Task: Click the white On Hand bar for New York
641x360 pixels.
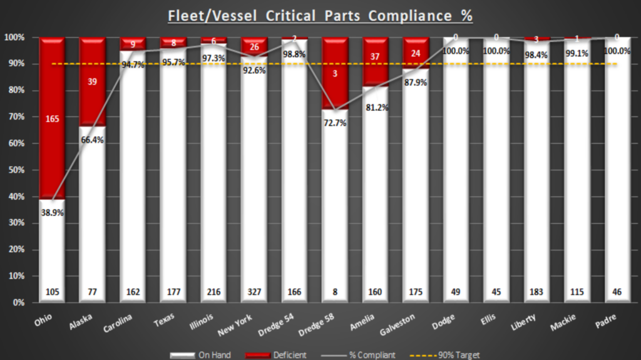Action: (254, 188)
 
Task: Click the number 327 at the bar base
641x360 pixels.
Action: (254, 292)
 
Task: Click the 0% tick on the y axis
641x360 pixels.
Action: (18, 302)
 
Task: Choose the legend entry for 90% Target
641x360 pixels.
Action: (447, 355)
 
